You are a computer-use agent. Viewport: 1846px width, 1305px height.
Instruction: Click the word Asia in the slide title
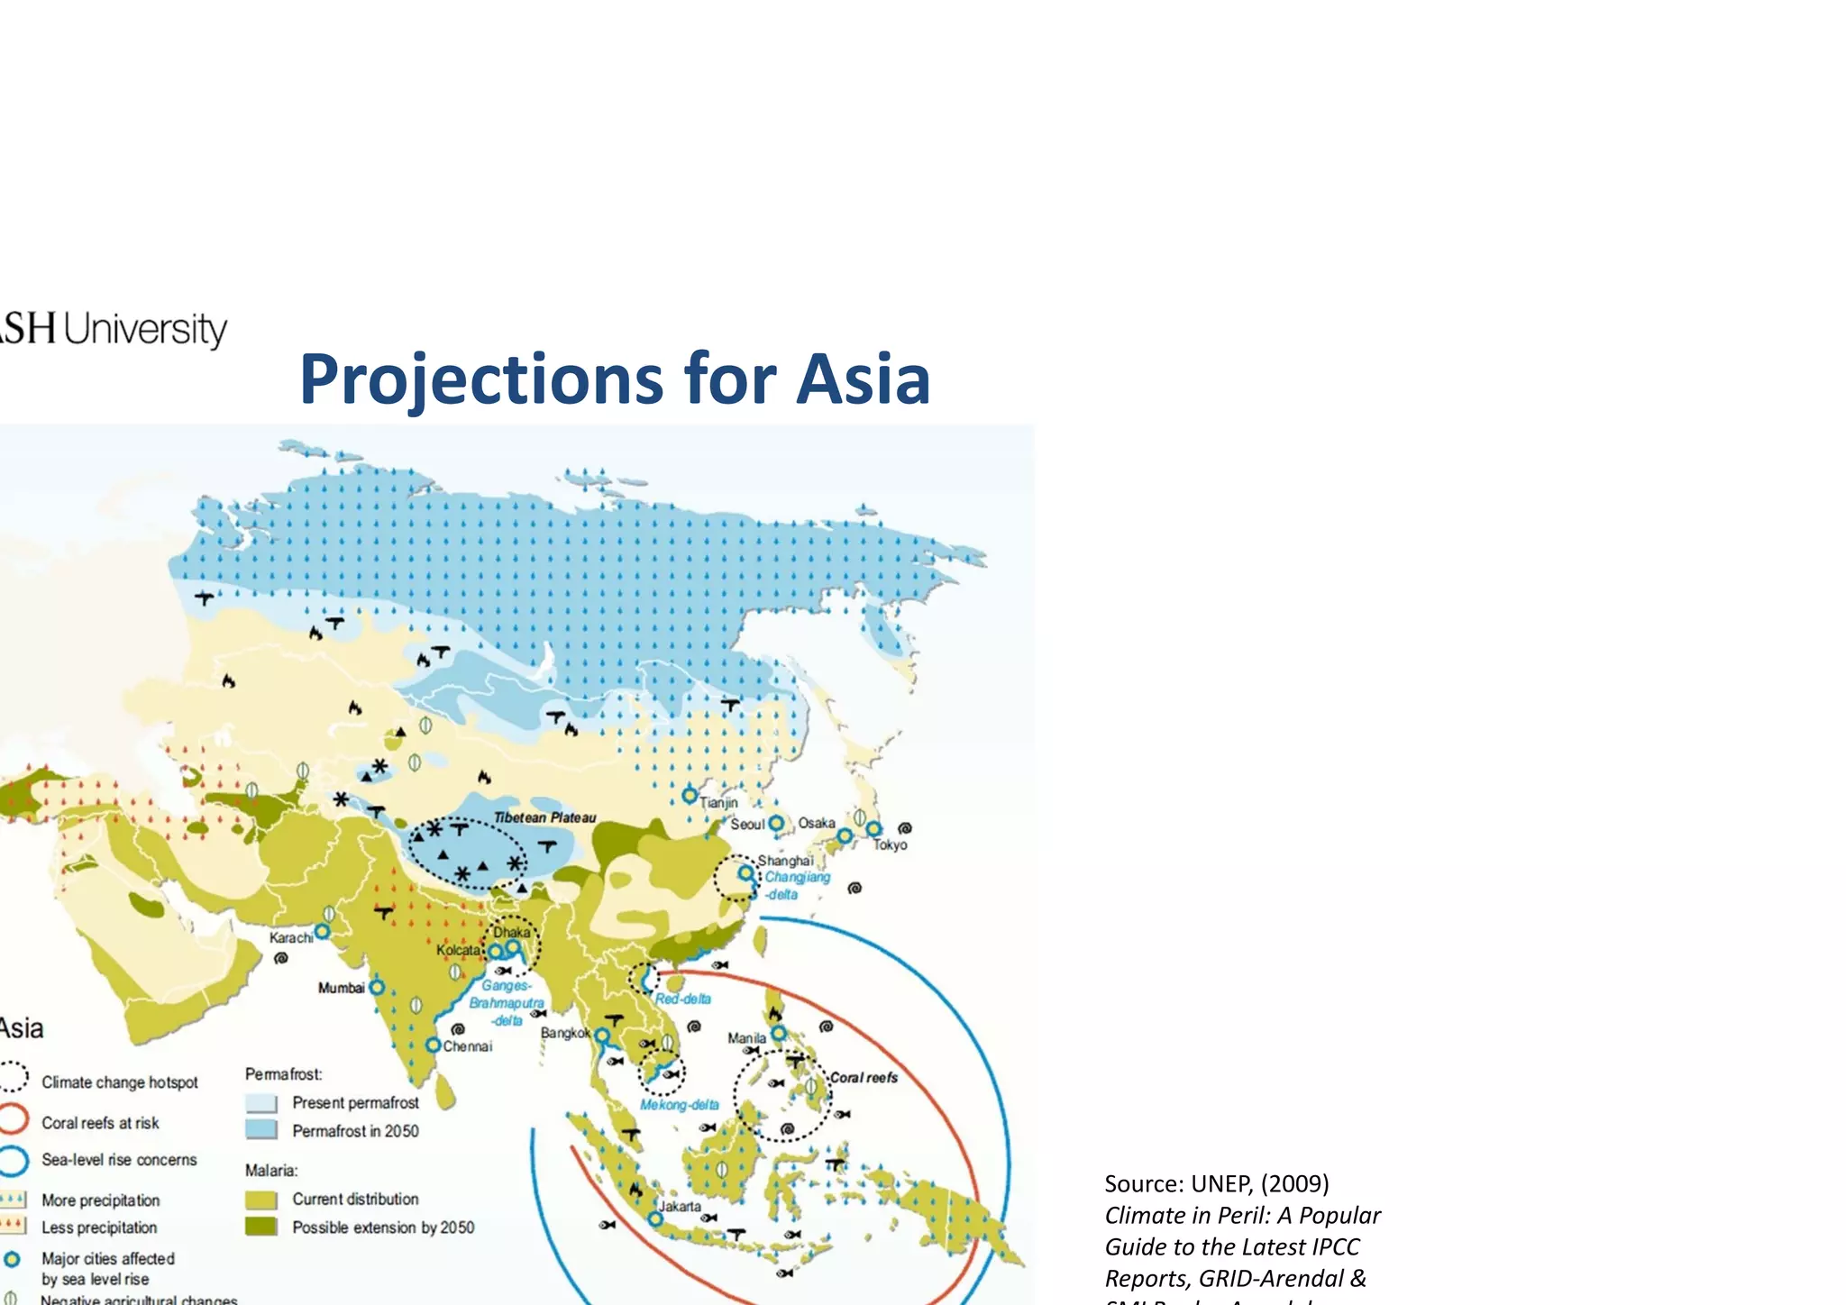tap(863, 379)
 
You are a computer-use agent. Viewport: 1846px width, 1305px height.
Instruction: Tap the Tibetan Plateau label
tap(544, 817)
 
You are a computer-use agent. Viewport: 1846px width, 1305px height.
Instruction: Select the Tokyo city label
tap(890, 845)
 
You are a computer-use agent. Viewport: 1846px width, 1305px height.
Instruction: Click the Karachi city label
tap(291, 938)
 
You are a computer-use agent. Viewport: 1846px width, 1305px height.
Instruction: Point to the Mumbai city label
tap(341, 988)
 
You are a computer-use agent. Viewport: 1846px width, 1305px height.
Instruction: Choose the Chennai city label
tap(468, 1046)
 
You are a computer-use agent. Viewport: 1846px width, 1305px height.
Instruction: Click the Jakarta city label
tap(680, 1206)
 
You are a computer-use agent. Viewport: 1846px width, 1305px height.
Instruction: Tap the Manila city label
tap(746, 1038)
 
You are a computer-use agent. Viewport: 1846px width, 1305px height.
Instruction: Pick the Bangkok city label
tap(565, 1033)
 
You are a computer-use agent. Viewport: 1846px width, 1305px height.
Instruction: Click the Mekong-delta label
tap(680, 1105)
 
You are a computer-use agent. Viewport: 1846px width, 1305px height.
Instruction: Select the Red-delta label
tap(683, 999)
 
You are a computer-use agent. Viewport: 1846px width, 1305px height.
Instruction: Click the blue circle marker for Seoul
tap(776, 824)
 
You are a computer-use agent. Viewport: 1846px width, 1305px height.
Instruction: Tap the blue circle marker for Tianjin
tap(690, 796)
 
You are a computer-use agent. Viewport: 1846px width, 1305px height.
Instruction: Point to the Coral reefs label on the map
tap(864, 1078)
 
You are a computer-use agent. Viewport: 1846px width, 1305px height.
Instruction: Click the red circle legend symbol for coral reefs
tap(14, 1119)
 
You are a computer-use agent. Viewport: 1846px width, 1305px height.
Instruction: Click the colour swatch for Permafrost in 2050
tap(261, 1130)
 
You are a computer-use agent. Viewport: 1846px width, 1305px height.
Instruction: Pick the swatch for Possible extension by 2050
tap(261, 1227)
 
